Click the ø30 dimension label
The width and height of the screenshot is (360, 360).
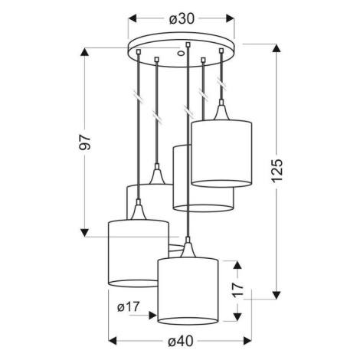click(x=182, y=19)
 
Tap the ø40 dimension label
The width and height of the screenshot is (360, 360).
click(x=181, y=341)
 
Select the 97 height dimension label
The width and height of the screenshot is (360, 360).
click(x=85, y=142)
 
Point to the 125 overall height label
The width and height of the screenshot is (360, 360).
click(x=277, y=171)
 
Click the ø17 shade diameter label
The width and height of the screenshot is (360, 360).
click(x=129, y=306)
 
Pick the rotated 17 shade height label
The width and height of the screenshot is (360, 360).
click(x=238, y=290)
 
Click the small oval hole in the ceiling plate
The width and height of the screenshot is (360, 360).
click(x=181, y=54)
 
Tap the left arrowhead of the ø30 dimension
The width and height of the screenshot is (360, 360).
click(x=133, y=18)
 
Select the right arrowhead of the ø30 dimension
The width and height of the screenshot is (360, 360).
click(x=230, y=18)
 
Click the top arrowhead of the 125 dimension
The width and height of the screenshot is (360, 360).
click(x=277, y=48)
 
